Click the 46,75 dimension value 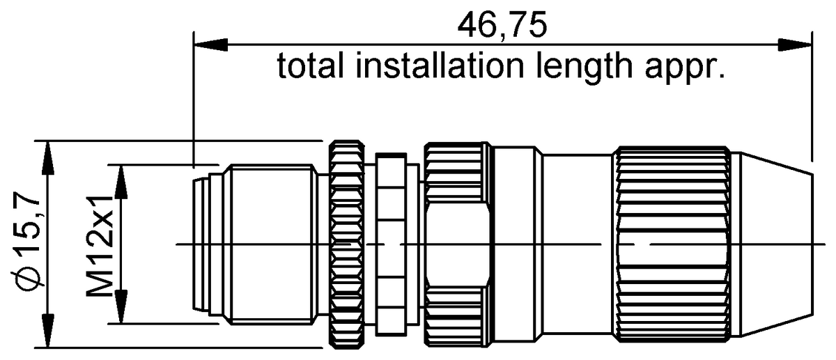[x=502, y=26]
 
